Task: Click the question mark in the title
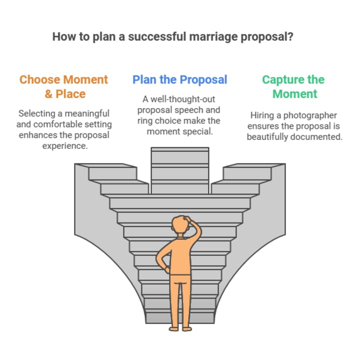point(304,37)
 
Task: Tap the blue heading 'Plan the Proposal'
point(180,79)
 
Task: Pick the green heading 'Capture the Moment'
point(293,86)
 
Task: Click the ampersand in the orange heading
point(49,94)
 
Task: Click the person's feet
point(179,327)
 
